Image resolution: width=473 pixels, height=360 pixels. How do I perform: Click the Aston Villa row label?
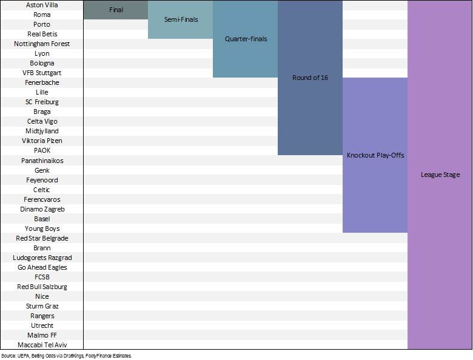point(42,5)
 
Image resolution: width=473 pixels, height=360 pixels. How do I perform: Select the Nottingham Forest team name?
point(42,44)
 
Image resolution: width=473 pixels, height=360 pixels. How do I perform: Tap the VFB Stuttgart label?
point(42,73)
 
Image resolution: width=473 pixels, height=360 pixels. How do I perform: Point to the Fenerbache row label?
point(42,82)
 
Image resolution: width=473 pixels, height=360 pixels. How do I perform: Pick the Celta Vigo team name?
point(42,121)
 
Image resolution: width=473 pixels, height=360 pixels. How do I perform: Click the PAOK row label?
point(42,150)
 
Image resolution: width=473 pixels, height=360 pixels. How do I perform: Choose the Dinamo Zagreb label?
point(42,209)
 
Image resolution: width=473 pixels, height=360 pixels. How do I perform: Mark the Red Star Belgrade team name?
point(42,238)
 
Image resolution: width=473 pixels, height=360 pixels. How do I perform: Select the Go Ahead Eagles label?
point(42,267)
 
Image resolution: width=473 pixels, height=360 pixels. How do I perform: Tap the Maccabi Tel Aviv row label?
point(42,345)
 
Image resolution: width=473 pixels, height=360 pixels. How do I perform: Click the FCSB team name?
point(42,277)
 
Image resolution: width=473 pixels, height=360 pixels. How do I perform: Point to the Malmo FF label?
point(42,335)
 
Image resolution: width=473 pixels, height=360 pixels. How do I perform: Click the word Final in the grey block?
point(116,10)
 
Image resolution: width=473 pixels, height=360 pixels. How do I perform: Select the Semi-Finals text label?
point(181,19)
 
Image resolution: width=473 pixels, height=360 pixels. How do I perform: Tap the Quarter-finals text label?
point(246,39)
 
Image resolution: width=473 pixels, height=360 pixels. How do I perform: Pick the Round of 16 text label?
point(310,78)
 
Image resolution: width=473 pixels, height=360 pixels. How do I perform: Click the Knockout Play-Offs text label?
point(375,155)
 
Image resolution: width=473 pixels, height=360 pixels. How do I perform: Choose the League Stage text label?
point(440,175)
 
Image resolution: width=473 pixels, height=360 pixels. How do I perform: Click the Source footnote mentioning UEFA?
point(66,356)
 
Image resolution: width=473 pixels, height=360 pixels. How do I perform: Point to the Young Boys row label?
point(42,228)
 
